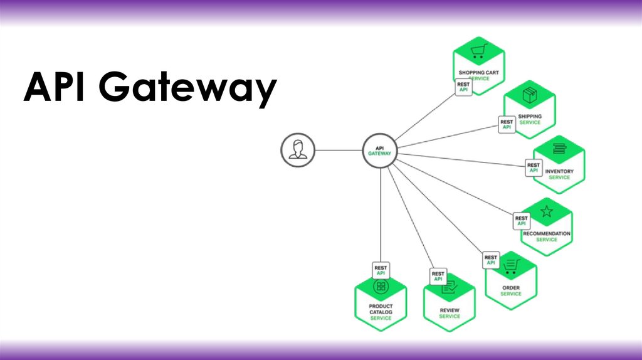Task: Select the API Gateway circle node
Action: coord(380,151)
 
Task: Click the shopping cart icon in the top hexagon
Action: coord(479,51)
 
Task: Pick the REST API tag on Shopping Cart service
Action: coord(464,87)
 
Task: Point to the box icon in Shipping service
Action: coord(530,95)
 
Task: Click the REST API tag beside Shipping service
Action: coord(507,124)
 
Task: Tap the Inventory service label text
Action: coord(559,174)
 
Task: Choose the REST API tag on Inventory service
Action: coord(534,167)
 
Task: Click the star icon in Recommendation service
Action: coord(546,211)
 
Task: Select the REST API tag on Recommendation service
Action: coord(521,221)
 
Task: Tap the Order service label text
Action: coord(510,290)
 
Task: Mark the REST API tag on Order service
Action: coord(491,260)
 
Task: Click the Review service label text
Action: coord(450,313)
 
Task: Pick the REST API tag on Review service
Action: coord(438,276)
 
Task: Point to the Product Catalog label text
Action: coord(381,312)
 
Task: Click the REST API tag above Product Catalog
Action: coord(381,270)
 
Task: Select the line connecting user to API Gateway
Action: coord(338,151)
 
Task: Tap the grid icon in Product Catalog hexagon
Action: coord(381,287)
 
